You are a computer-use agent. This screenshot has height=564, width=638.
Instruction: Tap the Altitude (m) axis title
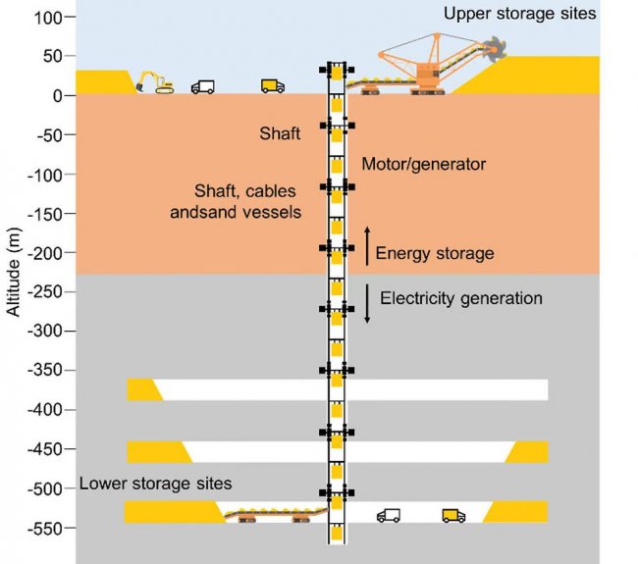[x=13, y=274]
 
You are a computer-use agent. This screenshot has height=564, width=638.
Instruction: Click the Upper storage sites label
[x=519, y=14]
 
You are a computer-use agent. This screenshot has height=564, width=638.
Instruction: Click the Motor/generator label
[x=423, y=165]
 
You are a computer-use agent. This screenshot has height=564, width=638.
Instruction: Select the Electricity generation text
[x=460, y=298]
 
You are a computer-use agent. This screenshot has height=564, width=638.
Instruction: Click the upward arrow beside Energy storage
[x=367, y=245]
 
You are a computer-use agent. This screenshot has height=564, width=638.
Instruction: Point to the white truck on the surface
[x=203, y=86]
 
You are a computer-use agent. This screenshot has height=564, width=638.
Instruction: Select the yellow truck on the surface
[x=273, y=86]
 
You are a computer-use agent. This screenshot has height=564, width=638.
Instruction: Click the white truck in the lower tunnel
[x=389, y=515]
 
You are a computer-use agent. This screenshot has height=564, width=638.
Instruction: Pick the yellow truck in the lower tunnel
[x=453, y=515]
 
